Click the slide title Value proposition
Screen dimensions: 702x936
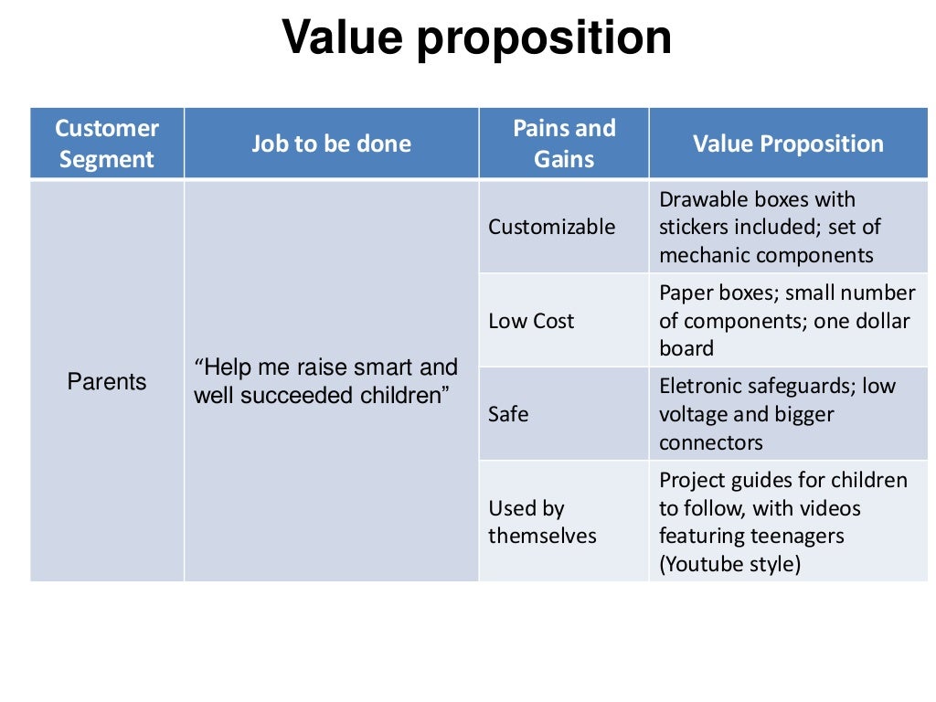[476, 38]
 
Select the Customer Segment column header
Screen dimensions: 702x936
[107, 144]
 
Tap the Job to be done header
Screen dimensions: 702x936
[331, 144]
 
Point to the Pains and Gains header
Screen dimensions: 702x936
[564, 144]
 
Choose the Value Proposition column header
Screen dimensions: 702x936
[788, 144]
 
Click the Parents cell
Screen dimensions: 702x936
[107, 381]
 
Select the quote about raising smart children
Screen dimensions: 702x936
[325, 381]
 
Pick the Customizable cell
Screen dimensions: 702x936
[552, 227]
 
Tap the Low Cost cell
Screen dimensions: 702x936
[531, 321]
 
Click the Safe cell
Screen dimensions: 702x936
[508, 414]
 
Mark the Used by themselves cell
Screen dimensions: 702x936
[542, 522]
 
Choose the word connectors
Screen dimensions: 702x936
[711, 442]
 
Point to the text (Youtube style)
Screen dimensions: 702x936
[730, 564]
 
